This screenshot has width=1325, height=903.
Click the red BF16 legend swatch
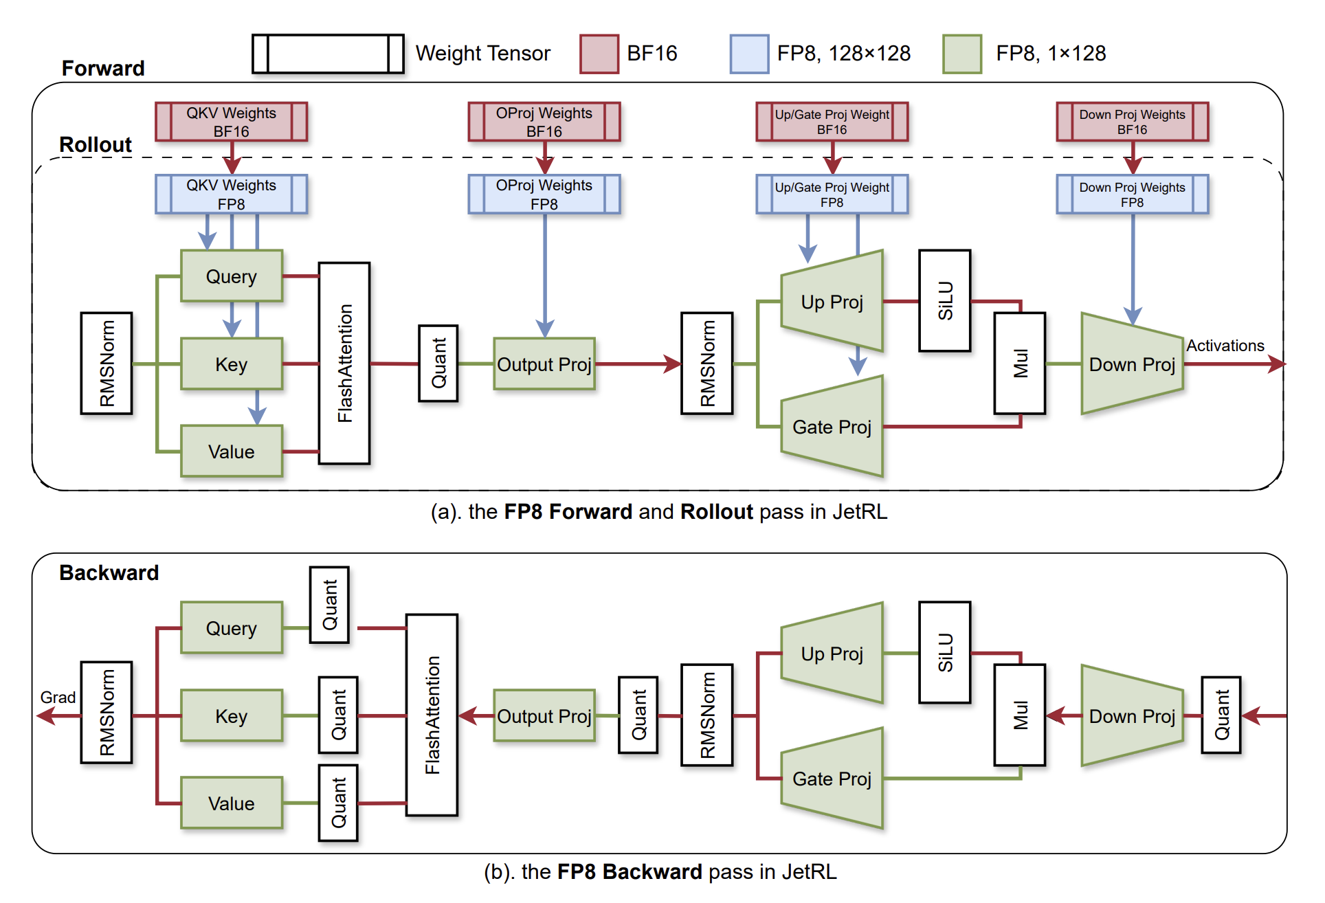pyautogui.click(x=599, y=54)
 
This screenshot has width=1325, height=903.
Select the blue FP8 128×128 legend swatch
pyautogui.click(x=749, y=54)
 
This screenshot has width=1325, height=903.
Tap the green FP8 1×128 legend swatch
pyautogui.click(x=962, y=54)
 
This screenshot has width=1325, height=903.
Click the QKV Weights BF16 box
pyautogui.click(x=231, y=122)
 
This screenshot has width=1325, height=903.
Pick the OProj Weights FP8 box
pyautogui.click(x=544, y=194)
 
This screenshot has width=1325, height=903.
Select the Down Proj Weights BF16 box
pyautogui.click(x=1132, y=122)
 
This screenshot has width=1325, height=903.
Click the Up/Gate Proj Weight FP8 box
pyautogui.click(x=832, y=194)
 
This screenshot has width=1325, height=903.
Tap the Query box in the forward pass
pyautogui.click(x=232, y=276)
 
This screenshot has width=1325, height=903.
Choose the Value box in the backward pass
pyautogui.click(x=232, y=803)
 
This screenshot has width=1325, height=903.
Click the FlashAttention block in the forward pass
pyautogui.click(x=344, y=363)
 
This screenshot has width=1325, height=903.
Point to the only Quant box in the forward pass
pyautogui.click(x=438, y=363)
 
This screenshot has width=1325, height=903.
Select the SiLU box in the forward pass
pyautogui.click(x=945, y=301)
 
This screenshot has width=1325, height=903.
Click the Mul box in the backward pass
pyautogui.click(x=1020, y=715)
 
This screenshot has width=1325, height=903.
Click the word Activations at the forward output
pyautogui.click(x=1225, y=346)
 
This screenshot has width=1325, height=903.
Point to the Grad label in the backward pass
pyautogui.click(x=58, y=698)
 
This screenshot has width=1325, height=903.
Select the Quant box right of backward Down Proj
pyautogui.click(x=1221, y=715)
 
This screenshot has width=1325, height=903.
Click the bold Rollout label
pyautogui.click(x=96, y=144)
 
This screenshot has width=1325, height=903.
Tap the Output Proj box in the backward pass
pyautogui.click(x=544, y=716)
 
